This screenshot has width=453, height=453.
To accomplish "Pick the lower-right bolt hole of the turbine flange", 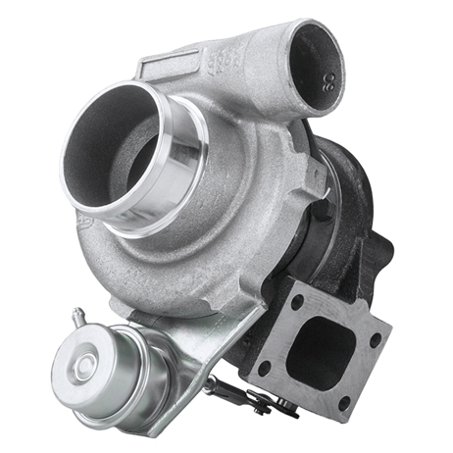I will click(344, 401).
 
